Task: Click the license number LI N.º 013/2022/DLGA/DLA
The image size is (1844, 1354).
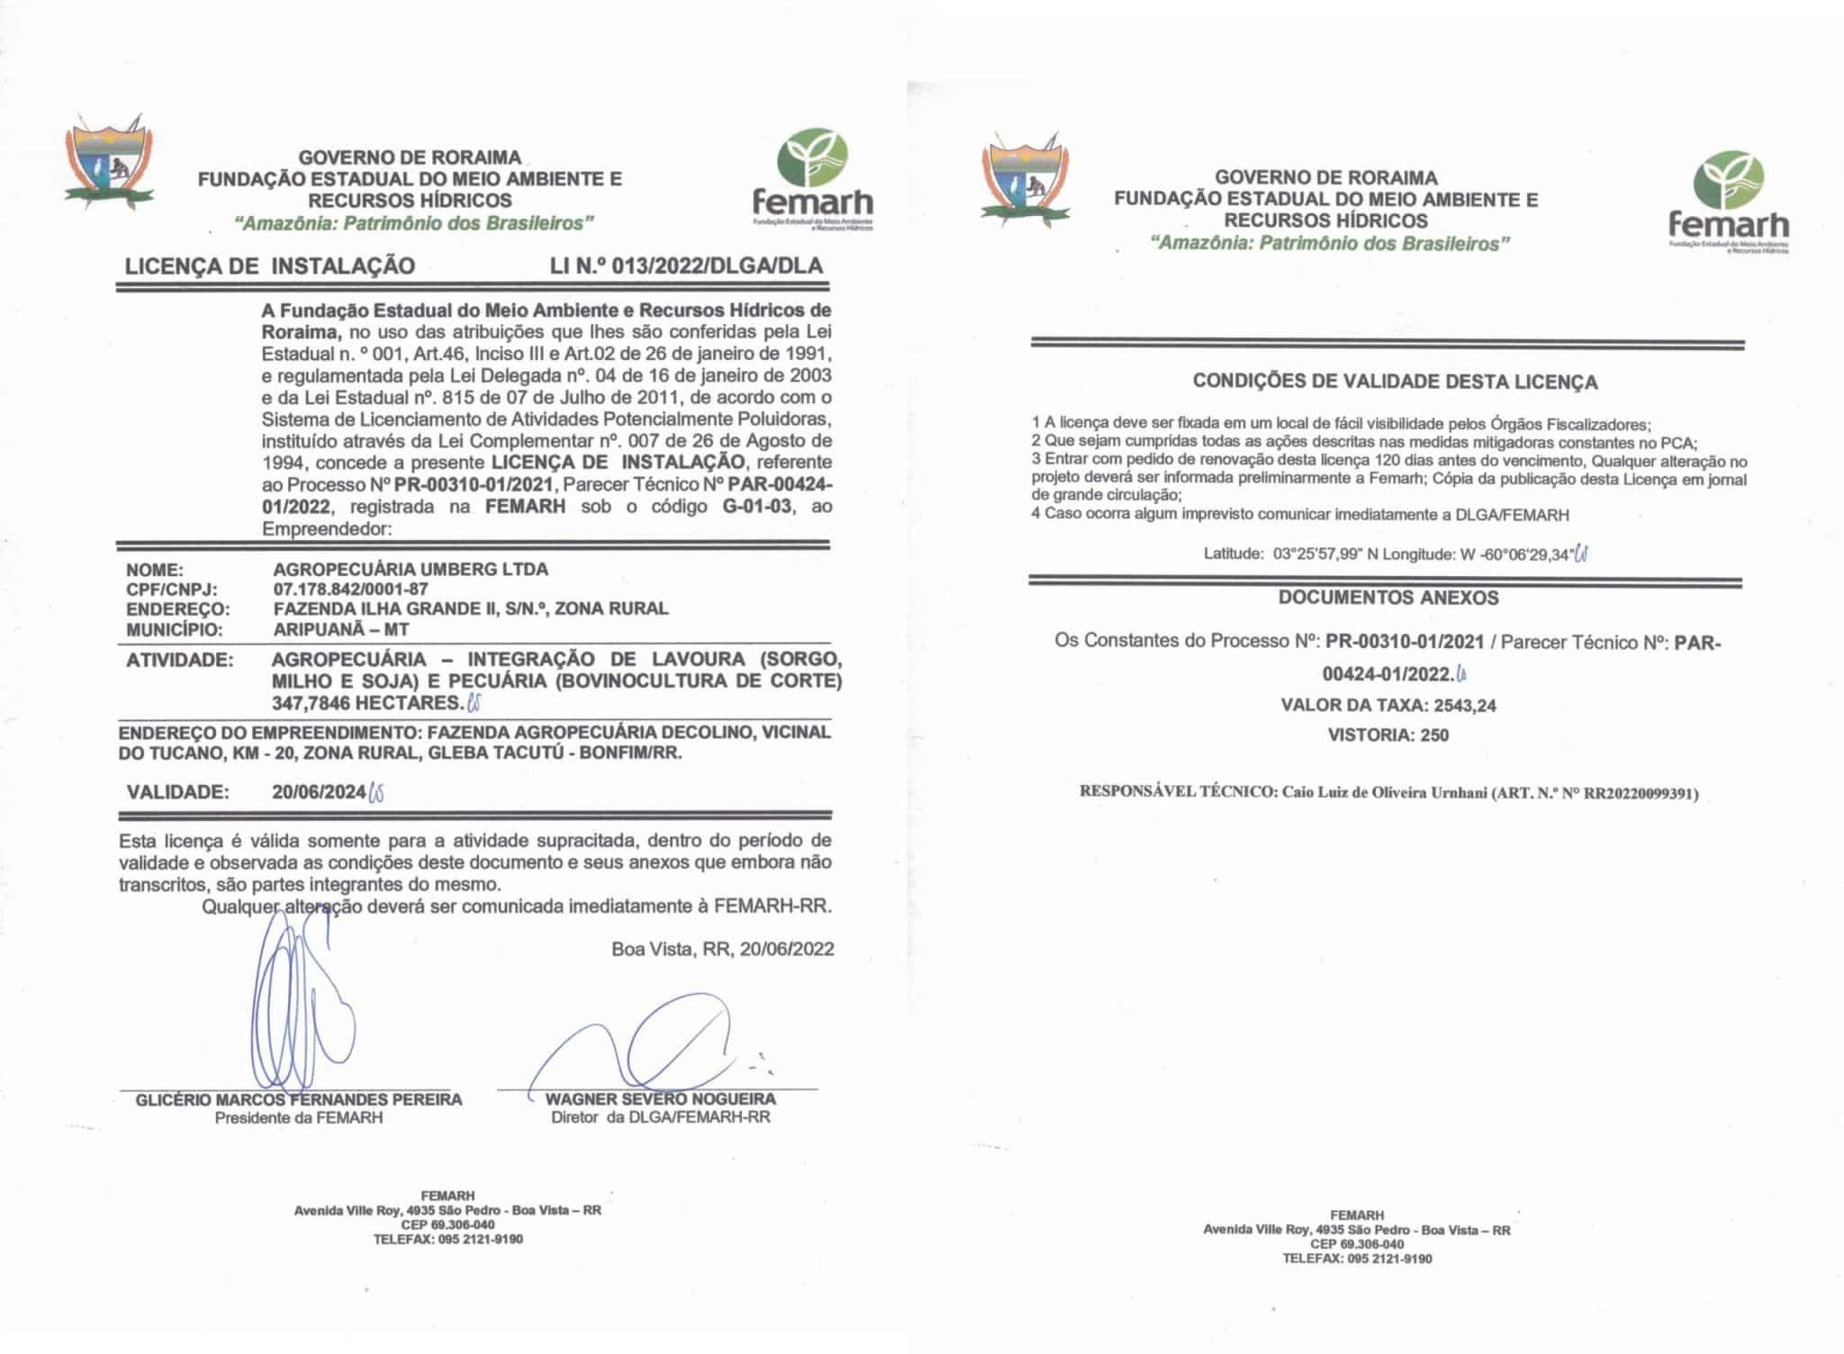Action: pyautogui.click(x=686, y=266)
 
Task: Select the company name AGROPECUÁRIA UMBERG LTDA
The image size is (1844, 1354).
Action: pyautogui.click(x=410, y=569)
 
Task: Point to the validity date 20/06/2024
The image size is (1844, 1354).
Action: pyautogui.click(x=319, y=792)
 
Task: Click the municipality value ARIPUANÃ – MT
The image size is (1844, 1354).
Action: pyautogui.click(x=340, y=629)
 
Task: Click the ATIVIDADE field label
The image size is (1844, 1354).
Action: pyautogui.click(x=179, y=660)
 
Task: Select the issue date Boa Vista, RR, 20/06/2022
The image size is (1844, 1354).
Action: pyautogui.click(x=722, y=949)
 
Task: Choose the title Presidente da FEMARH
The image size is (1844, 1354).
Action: pyautogui.click(x=298, y=1118)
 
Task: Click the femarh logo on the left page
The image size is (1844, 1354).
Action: pyautogui.click(x=812, y=181)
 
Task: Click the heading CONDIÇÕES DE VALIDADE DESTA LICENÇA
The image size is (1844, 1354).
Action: pyautogui.click(x=1395, y=382)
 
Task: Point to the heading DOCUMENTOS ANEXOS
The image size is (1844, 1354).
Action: pyautogui.click(x=1388, y=598)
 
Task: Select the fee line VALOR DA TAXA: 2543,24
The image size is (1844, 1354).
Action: pyautogui.click(x=1388, y=705)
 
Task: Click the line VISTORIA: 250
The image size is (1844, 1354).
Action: pyautogui.click(x=1388, y=735)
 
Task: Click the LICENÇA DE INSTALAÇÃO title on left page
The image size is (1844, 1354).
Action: pyautogui.click(x=270, y=266)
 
